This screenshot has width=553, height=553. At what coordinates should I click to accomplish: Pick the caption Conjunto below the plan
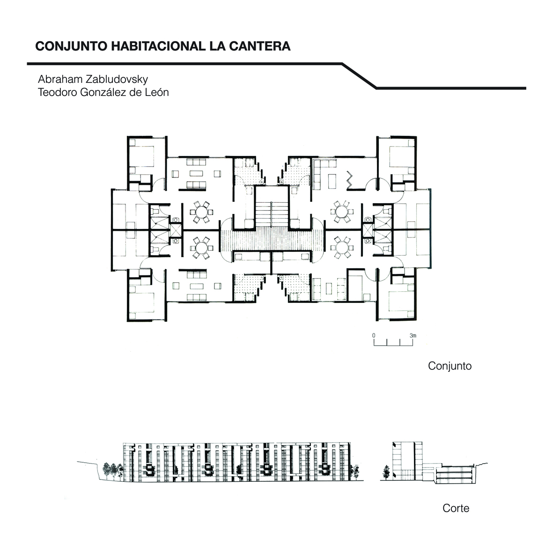pos(450,366)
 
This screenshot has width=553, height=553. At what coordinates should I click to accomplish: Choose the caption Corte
pos(456,508)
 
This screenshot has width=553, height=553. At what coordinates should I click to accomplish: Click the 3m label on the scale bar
pos(413,335)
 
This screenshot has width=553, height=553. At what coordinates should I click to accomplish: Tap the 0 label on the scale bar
pos(374,335)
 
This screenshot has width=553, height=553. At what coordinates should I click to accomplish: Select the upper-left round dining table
pos(202,212)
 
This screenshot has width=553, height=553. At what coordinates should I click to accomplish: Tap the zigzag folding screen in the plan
pos(350,179)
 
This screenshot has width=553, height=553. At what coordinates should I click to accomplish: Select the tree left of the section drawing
pos(386,472)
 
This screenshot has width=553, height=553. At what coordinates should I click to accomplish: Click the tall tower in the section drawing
pos(406,461)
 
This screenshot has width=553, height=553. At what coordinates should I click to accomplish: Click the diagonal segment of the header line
pos(359,76)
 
